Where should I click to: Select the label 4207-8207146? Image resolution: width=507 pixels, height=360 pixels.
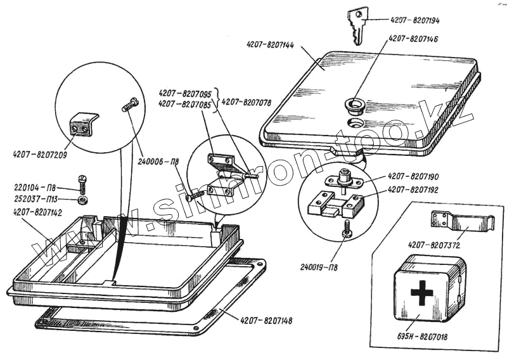tap(413, 39)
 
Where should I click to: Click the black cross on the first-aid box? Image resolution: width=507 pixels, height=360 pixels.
tap(421, 293)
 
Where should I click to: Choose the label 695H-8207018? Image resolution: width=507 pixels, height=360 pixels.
tap(424, 337)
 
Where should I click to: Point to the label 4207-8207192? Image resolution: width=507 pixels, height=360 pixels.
tap(414, 189)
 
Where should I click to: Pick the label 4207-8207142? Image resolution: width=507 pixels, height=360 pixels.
tap(37, 212)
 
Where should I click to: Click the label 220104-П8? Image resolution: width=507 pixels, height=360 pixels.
tap(35, 188)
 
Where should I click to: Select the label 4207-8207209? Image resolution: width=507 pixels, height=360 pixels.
tap(40, 154)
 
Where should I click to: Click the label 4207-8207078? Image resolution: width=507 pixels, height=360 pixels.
tap(247, 101)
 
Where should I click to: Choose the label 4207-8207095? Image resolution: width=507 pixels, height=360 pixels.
tap(185, 93)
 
